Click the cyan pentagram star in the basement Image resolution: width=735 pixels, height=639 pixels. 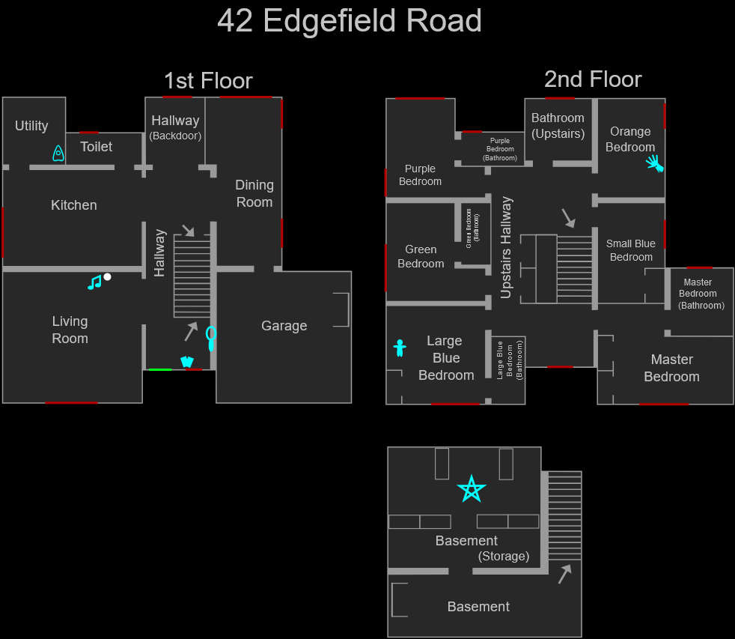point(472,489)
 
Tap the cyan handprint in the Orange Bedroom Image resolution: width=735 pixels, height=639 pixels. point(655,163)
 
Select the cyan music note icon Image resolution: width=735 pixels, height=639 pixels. point(94,282)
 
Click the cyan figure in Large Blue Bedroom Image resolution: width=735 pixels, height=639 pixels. point(400,348)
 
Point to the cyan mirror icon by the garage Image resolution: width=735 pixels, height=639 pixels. point(211,338)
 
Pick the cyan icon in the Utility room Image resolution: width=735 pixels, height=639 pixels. point(58,154)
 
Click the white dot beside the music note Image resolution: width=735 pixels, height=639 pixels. point(107,276)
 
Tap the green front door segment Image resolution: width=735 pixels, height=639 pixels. point(160,369)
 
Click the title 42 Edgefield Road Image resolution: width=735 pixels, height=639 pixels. point(349,21)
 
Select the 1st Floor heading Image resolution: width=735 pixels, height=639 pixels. point(208,80)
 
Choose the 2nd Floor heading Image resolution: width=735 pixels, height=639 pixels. point(592,79)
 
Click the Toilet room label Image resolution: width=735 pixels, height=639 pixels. point(97,147)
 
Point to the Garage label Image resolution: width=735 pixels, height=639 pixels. point(284,326)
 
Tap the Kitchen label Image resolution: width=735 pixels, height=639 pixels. point(74,205)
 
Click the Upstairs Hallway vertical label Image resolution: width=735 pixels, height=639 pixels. point(507,247)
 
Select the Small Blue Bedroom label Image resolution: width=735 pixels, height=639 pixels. point(631,250)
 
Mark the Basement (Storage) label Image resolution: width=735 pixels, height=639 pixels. point(482,548)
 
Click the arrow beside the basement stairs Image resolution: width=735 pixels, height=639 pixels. point(564,574)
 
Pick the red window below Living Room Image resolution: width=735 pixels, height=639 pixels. point(71,403)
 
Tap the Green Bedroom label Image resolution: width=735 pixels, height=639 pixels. point(421,256)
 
